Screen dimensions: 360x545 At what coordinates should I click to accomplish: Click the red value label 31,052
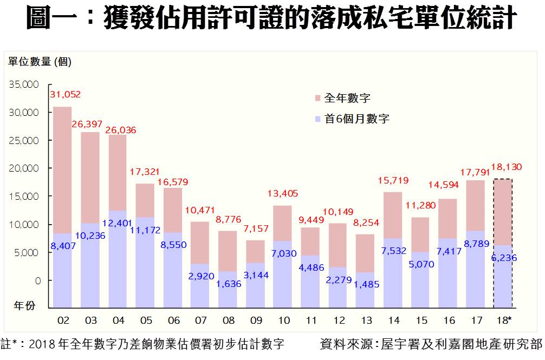click(66, 95)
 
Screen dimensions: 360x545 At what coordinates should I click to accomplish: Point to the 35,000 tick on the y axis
click(24, 85)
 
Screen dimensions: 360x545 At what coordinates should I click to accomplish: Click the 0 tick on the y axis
click(37, 280)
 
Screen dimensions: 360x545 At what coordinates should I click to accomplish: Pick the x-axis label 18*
click(503, 320)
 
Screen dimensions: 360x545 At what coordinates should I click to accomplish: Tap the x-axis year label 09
click(256, 320)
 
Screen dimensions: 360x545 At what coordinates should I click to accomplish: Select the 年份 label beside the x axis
click(24, 306)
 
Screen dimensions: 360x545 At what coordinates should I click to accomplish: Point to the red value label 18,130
click(507, 167)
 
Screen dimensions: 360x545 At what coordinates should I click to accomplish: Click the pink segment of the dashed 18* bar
click(503, 211)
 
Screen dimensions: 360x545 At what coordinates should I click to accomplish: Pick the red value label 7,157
click(256, 228)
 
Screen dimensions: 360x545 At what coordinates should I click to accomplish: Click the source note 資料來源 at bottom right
click(431, 344)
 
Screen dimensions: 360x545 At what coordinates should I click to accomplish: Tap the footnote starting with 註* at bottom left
click(143, 344)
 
